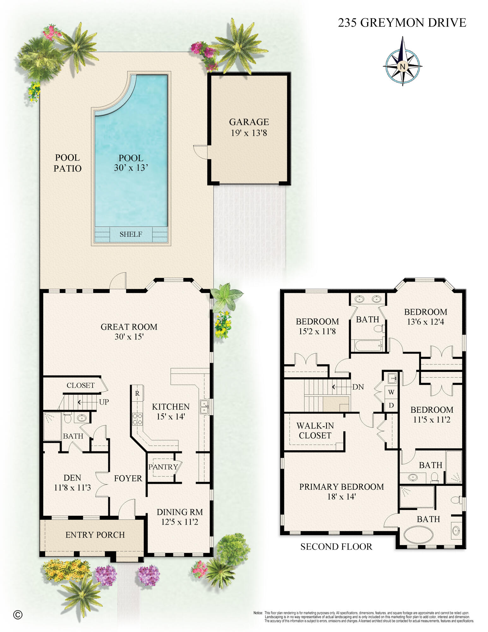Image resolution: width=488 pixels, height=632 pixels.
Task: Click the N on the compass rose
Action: (x=402, y=66)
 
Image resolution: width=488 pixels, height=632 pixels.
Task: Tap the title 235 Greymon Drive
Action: (x=402, y=23)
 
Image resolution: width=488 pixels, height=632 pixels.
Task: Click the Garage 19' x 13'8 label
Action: (x=249, y=127)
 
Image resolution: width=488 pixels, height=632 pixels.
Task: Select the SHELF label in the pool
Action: (x=131, y=234)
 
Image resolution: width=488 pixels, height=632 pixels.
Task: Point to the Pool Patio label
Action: (x=67, y=163)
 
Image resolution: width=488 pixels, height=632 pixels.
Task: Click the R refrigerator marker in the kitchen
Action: (x=137, y=393)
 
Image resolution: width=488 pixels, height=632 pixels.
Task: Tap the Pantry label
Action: (x=163, y=467)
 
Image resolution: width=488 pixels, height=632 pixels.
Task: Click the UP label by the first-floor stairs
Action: (x=104, y=402)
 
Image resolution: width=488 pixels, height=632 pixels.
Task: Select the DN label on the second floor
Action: (x=358, y=387)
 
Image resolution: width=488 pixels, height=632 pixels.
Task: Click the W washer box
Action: (x=391, y=392)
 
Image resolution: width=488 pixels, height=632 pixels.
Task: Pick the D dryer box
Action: (x=391, y=405)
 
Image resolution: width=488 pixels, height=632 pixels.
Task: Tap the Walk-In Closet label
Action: (x=315, y=430)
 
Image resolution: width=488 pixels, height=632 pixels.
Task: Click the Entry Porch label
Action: (x=95, y=535)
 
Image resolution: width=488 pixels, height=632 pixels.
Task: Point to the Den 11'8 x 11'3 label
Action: (x=72, y=483)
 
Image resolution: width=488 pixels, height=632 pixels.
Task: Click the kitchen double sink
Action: (x=204, y=407)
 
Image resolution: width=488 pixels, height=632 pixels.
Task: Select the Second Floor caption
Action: (x=336, y=547)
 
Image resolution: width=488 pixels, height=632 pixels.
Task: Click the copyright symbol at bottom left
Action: (x=18, y=615)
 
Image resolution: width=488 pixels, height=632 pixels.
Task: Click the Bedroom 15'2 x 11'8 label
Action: (x=317, y=326)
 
